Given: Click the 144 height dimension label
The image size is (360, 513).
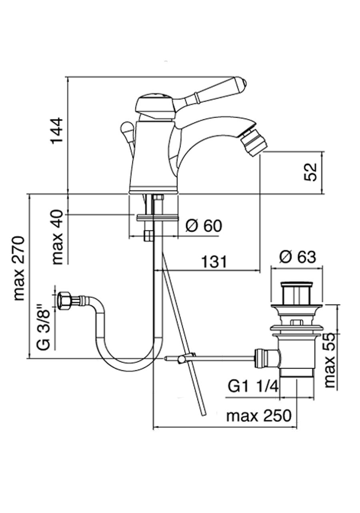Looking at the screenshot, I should click(x=57, y=130).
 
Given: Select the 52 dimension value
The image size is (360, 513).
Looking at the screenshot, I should click(x=311, y=172).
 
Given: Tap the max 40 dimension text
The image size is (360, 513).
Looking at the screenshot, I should click(x=58, y=236).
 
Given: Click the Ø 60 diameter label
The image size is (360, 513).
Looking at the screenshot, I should click(x=204, y=226).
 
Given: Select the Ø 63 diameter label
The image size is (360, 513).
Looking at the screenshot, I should click(x=298, y=256).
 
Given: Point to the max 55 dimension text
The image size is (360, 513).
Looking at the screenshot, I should click(x=330, y=360).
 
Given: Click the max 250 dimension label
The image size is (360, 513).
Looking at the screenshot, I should click(x=259, y=416).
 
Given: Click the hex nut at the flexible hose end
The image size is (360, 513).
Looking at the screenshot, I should click(x=64, y=301).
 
